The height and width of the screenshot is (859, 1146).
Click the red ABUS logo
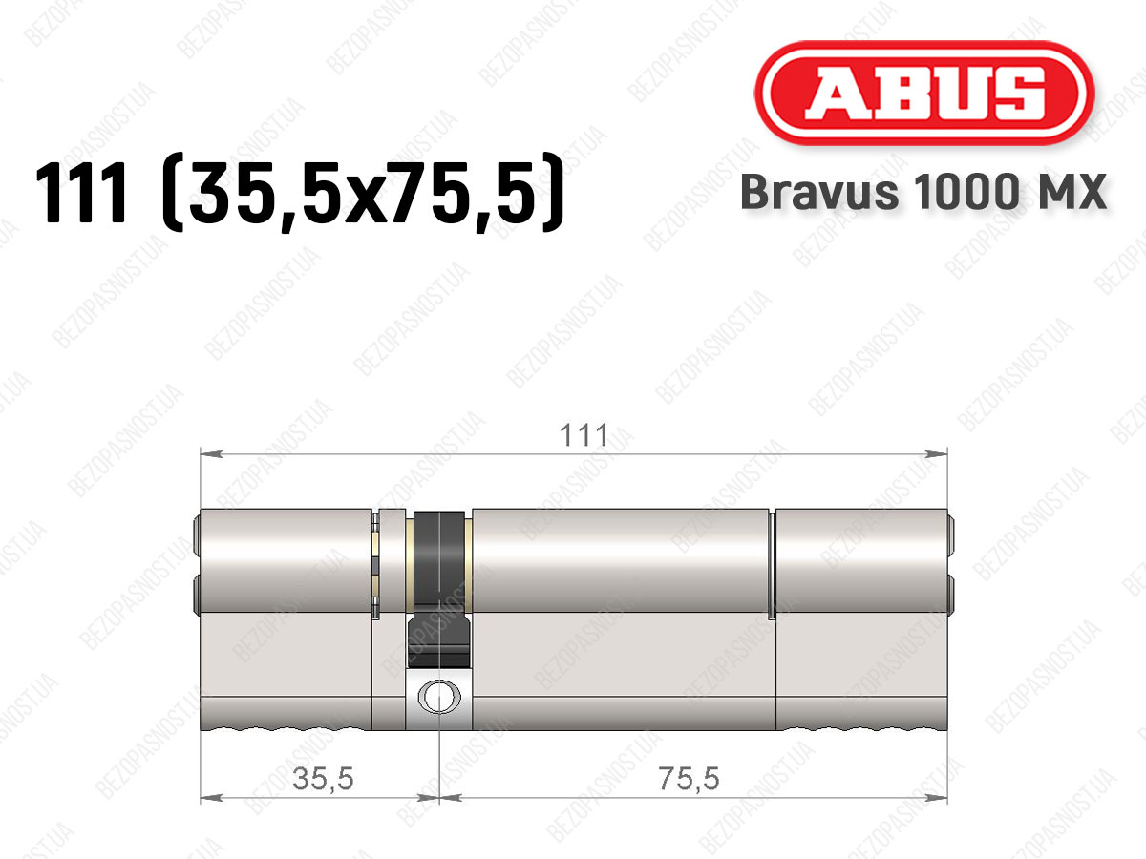pyautogui.click(x=924, y=93)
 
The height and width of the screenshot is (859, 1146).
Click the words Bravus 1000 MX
pyautogui.click(x=923, y=192)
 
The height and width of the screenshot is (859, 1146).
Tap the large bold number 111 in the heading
pyautogui.click(x=81, y=192)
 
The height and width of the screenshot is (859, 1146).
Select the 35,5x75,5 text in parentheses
pyautogui.click(x=362, y=192)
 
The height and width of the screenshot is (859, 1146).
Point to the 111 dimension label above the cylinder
pyautogui.click(x=584, y=435)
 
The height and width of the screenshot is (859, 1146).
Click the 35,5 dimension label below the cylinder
pyautogui.click(x=323, y=778)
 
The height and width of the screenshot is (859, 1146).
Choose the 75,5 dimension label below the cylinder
pyautogui.click(x=689, y=778)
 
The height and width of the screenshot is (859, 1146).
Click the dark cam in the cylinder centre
pyautogui.click(x=439, y=589)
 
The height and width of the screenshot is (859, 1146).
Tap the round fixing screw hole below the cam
pyautogui.click(x=439, y=698)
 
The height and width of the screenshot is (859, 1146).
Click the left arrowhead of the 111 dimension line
pyautogui.click(x=211, y=453)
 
